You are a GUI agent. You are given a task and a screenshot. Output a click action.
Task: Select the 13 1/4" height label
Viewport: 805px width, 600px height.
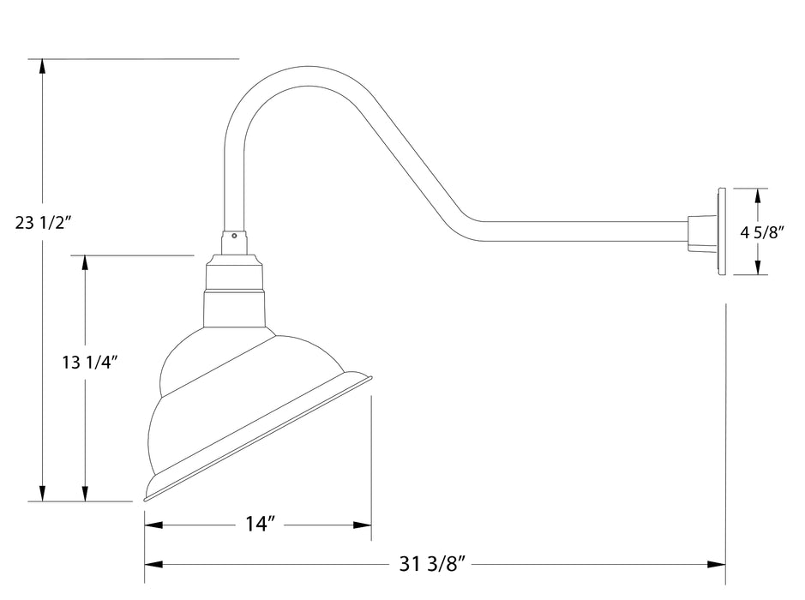pyautogui.click(x=89, y=362)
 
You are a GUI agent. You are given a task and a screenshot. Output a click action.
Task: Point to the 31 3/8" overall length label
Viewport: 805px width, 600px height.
pyautogui.click(x=433, y=564)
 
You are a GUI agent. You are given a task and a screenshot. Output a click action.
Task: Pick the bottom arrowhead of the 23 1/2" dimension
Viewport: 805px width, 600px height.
pyautogui.click(x=42, y=493)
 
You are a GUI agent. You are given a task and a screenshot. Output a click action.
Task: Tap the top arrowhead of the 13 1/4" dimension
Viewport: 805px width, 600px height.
pyautogui.click(x=84, y=263)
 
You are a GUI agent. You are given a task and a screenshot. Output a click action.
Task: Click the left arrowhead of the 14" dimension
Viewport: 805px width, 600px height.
pyautogui.click(x=153, y=525)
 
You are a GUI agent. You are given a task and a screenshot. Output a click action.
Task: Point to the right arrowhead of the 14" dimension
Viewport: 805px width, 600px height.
pyautogui.click(x=363, y=525)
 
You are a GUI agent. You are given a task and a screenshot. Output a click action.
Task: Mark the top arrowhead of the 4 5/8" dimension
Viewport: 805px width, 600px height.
pyautogui.click(x=757, y=196)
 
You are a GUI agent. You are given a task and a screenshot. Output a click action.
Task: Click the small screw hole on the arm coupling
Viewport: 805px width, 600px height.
pyautogui.click(x=235, y=233)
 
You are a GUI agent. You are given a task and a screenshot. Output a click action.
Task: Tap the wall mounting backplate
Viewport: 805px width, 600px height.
pyautogui.click(x=721, y=232)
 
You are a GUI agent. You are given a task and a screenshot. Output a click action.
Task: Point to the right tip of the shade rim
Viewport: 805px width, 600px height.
pyautogui.click(x=370, y=376)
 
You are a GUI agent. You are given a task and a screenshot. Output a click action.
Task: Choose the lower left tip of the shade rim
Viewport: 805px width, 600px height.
pyautogui.click(x=146, y=498)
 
